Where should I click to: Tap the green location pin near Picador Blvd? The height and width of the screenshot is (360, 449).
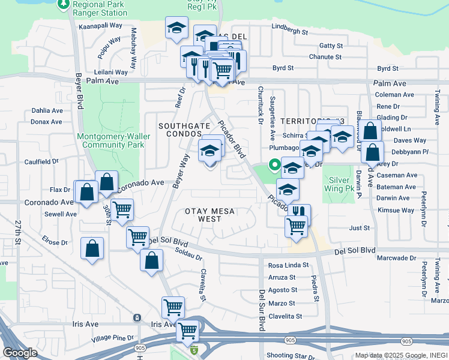click(x=275, y=164)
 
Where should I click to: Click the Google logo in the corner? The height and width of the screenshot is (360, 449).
click(x=20, y=353)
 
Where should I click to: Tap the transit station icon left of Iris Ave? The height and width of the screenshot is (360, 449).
click(x=137, y=317)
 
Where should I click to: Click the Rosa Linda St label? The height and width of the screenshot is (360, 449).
click(x=288, y=265)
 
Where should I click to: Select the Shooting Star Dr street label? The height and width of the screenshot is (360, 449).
click(x=291, y=356)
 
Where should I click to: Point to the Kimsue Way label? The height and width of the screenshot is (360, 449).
click(x=396, y=211)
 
